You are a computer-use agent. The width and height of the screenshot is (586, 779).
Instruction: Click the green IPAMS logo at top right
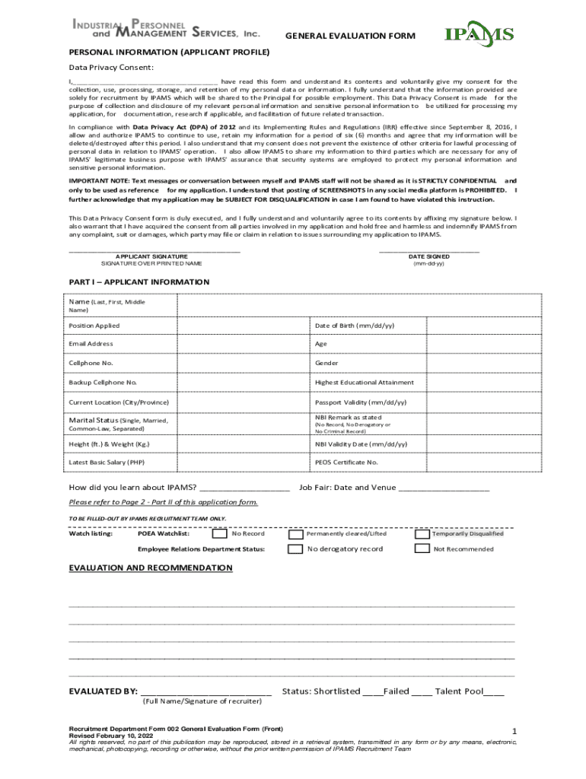pyautogui.click(x=479, y=34)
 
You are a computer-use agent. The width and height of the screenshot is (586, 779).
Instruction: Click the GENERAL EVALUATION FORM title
pyautogui.click(x=350, y=36)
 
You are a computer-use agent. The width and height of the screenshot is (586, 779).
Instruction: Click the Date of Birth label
pyautogui.click(x=355, y=326)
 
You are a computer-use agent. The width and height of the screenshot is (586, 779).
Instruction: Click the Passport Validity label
pyautogui.click(x=361, y=402)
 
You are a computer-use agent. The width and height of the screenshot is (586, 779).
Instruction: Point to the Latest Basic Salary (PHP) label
pyautogui.click(x=106, y=462)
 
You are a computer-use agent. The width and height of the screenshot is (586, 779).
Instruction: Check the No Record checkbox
pyautogui.click(x=219, y=533)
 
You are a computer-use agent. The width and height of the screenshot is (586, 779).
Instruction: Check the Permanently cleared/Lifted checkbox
pyautogui.click(x=295, y=533)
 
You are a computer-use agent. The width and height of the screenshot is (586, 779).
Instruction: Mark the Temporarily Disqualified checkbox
pyautogui.click(x=422, y=533)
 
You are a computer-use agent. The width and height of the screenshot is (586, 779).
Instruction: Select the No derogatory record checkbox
pyautogui.click(x=295, y=548)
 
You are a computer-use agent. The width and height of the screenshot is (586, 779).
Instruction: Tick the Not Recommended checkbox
pyautogui.click(x=422, y=548)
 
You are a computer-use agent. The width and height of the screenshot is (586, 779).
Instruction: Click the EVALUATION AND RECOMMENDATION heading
pyautogui.click(x=151, y=568)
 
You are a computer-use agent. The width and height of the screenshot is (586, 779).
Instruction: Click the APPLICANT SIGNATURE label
pyautogui.click(x=151, y=256)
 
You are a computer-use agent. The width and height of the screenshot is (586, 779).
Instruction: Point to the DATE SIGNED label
pyautogui.click(x=428, y=256)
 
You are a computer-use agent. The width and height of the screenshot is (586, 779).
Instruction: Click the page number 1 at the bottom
pyautogui.click(x=514, y=732)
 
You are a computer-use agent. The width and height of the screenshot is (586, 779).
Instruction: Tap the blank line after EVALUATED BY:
pyautogui.click(x=205, y=692)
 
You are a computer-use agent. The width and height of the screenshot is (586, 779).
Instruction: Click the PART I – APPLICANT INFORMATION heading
pyautogui.click(x=139, y=282)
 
